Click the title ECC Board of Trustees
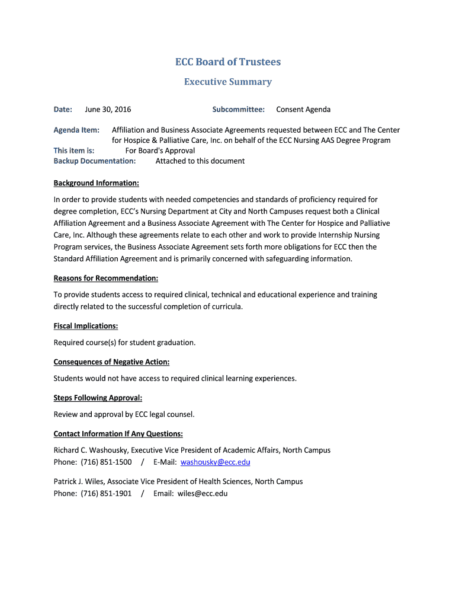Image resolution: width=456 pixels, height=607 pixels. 227,62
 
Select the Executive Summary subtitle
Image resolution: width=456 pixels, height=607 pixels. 227,82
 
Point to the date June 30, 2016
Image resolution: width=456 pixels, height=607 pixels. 108,109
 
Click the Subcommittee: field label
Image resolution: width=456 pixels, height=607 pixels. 238,109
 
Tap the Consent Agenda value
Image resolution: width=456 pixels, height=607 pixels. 303,109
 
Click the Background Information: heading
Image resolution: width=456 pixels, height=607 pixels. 96,183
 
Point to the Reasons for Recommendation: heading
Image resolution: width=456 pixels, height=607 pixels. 105,278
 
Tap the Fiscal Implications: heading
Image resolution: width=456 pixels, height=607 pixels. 85,325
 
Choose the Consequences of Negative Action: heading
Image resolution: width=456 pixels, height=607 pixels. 111,362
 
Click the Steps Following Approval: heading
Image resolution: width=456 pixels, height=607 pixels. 98,398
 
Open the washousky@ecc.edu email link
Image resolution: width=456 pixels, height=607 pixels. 215,462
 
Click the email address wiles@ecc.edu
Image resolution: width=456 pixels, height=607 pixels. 202,493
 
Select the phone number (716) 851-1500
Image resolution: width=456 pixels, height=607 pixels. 106,462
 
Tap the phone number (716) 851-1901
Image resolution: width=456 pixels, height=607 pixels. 106,493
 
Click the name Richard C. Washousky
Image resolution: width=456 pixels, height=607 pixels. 90,450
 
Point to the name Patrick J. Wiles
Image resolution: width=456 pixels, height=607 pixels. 78,481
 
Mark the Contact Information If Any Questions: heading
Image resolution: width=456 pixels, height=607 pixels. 118,433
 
